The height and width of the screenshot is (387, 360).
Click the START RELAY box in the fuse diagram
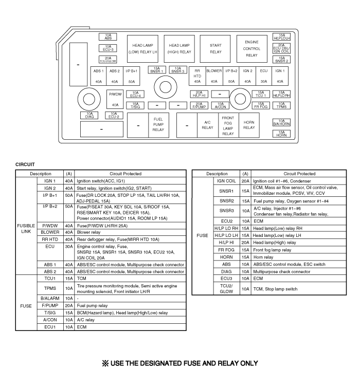pyautogui.click(x=215, y=48)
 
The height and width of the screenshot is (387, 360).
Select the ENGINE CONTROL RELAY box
pyautogui.click(x=251, y=48)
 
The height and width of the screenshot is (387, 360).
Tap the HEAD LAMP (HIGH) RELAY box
pyautogui.click(x=179, y=48)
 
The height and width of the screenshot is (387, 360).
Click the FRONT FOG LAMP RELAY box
pyautogui.click(x=228, y=125)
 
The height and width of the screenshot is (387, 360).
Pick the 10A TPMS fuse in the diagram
pyautogui.click(x=281, y=105)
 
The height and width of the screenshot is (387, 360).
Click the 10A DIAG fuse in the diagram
pyautogui.click(x=89, y=115)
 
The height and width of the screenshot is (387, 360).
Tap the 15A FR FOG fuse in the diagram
pyautogui.click(x=261, y=105)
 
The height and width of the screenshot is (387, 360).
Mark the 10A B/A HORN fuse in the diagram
pyautogui.click(x=281, y=122)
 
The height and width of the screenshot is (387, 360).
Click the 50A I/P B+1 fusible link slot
pyautogui.click(x=131, y=76)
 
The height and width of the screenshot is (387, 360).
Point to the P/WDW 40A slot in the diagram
pyautogui.click(x=115, y=99)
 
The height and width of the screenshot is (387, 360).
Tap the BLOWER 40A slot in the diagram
pyautogui.click(x=214, y=76)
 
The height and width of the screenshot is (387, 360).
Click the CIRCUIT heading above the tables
pyautogui.click(x=25, y=164)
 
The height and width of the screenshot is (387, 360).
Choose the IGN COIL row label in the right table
pyautogui.click(x=226, y=181)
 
